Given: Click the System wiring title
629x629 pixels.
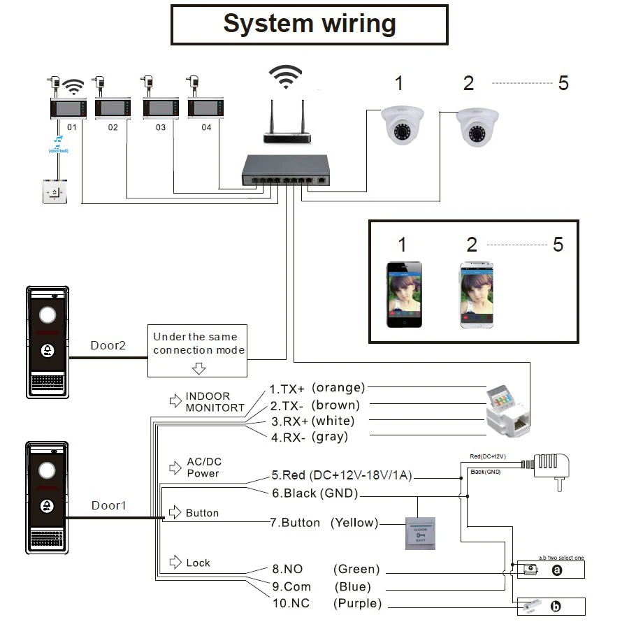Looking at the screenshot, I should click(x=310, y=24).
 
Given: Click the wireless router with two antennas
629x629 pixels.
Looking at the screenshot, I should click(x=287, y=126).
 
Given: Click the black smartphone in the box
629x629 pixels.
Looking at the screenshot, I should click(x=405, y=294).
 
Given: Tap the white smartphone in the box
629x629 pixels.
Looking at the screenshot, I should click(x=476, y=294).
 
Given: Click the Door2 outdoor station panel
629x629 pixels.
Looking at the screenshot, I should click(x=48, y=342).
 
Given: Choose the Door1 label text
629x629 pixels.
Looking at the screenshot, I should click(x=108, y=505).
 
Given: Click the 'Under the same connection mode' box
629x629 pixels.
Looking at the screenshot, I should click(x=198, y=344).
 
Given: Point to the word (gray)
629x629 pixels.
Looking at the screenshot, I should click(x=331, y=437).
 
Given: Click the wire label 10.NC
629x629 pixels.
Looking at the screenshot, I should click(x=291, y=603).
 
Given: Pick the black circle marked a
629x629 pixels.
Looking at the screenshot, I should click(x=557, y=570).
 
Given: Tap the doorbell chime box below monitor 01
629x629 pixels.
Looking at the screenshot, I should click(x=55, y=192).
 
